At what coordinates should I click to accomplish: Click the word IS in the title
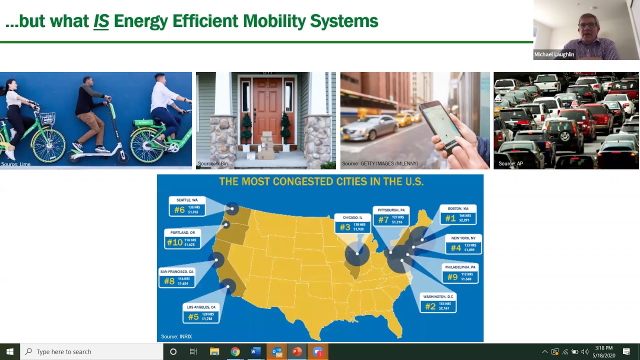tap(101, 21)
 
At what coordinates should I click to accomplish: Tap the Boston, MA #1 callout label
tap(457, 214)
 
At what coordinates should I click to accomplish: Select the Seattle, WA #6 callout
tap(187, 206)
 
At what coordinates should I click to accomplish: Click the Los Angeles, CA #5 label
tap(201, 313)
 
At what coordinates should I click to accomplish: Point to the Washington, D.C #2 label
tap(438, 302)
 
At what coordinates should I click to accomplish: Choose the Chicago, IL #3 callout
tap(352, 223)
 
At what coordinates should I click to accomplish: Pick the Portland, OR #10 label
tap(182, 239)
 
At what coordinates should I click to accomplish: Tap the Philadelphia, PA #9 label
tap(459, 273)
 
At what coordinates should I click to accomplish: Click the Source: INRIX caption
tap(176, 336)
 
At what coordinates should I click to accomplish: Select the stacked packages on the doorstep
tap(266, 146)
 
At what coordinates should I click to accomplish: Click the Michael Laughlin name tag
tap(554, 54)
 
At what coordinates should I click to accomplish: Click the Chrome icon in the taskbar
tap(235, 351)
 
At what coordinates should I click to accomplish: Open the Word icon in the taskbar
tap(255, 351)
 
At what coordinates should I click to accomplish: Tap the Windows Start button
tap(9, 351)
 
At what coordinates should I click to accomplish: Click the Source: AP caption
tap(510, 163)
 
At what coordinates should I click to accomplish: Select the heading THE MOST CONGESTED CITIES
tap(321, 181)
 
